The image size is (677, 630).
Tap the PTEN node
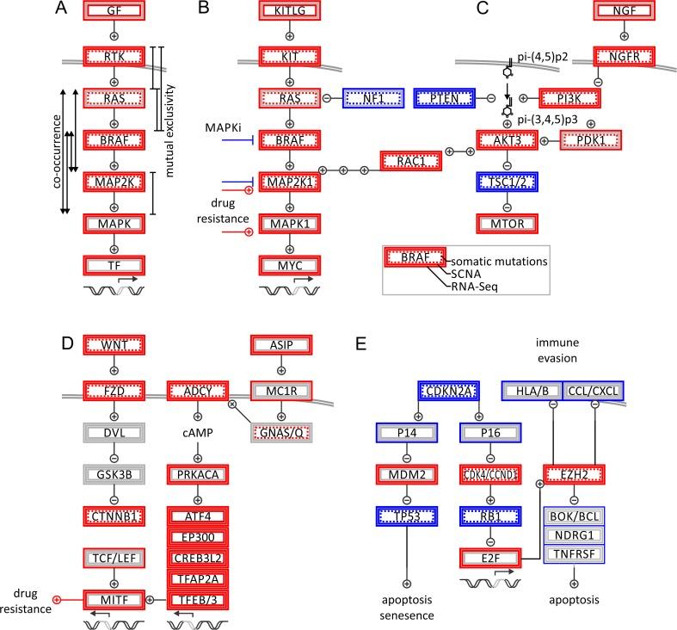[443, 98]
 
